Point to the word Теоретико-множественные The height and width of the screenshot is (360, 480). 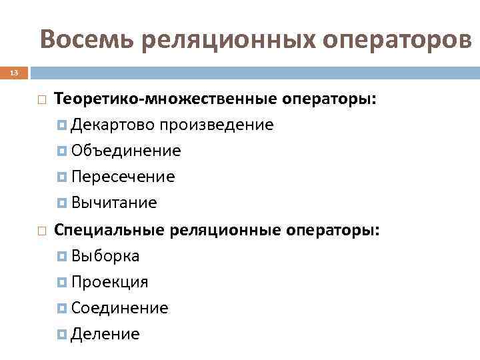tap(161, 100)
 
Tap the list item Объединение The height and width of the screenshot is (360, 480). tap(126, 151)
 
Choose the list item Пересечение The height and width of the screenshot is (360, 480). tap(123, 177)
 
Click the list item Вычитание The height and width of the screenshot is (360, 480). tap(114, 203)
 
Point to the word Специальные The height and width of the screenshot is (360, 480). tap(111, 230)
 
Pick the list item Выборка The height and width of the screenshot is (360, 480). tap(105, 256)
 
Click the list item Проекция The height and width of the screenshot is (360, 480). tap(110, 282)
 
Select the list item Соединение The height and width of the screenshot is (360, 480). tap(120, 308)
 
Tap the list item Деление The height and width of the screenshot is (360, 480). tap(105, 334)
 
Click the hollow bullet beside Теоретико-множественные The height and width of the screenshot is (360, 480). tap(41, 101)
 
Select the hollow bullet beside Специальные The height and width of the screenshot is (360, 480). tap(41, 231)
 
